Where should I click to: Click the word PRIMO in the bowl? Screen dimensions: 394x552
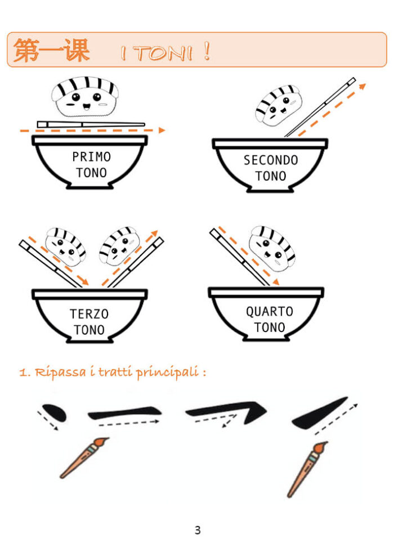(x=92, y=156)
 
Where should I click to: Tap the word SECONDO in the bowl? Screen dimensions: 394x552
(x=271, y=160)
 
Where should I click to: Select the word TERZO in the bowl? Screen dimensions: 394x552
(x=89, y=313)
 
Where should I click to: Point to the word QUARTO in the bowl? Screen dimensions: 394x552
(x=270, y=311)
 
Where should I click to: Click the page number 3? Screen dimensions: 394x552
(x=198, y=530)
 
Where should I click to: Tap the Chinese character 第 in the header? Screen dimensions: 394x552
(x=26, y=50)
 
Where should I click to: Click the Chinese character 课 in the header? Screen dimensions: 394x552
(x=77, y=50)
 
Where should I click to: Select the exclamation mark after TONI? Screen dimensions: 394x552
(x=207, y=51)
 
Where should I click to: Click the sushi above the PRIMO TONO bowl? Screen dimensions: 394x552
(x=84, y=97)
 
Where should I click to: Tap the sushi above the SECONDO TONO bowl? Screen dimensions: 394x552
(x=279, y=104)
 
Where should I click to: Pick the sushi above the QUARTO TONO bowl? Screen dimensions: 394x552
(x=272, y=247)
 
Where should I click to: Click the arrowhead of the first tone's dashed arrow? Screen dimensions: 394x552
(x=162, y=130)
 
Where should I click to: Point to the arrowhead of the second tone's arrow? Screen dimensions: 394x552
(x=362, y=86)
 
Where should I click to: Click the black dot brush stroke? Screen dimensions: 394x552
(x=54, y=412)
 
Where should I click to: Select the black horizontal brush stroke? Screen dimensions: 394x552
(x=124, y=412)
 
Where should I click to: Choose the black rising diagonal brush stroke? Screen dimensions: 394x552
(x=319, y=414)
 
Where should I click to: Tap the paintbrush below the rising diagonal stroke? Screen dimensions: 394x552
(x=307, y=469)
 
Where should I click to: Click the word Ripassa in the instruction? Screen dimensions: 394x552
(x=60, y=372)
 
